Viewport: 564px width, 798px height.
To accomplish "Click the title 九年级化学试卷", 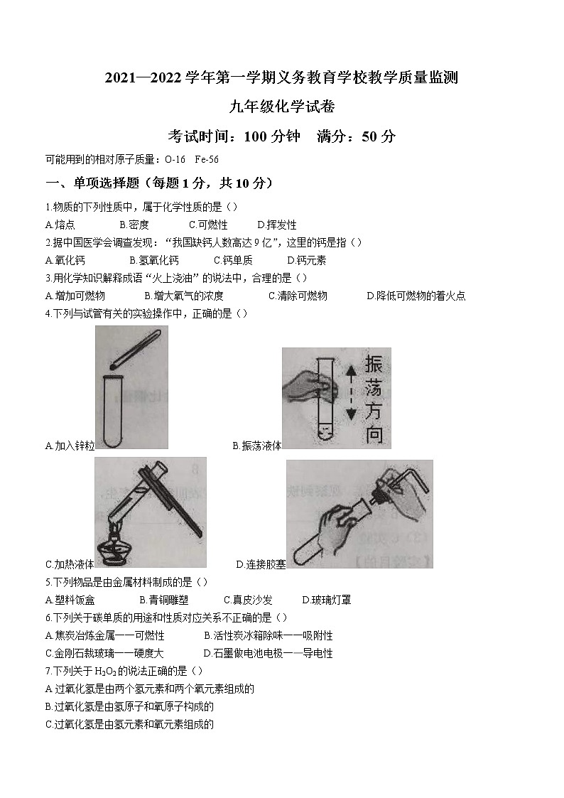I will tap(281, 107).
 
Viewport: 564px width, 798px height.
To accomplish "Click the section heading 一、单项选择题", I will tap(158, 183).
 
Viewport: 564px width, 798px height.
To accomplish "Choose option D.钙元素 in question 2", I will tap(307, 260).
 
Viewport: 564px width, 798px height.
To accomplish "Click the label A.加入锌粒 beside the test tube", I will tap(70, 446).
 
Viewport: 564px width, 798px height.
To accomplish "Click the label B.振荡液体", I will tap(257, 446).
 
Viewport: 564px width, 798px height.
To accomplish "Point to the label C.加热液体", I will tap(70, 564).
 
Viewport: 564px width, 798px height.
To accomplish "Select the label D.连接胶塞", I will tap(261, 564).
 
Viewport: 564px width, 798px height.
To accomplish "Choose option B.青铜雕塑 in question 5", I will tap(164, 600).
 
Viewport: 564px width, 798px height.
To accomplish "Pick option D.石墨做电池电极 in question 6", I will tap(268, 653).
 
